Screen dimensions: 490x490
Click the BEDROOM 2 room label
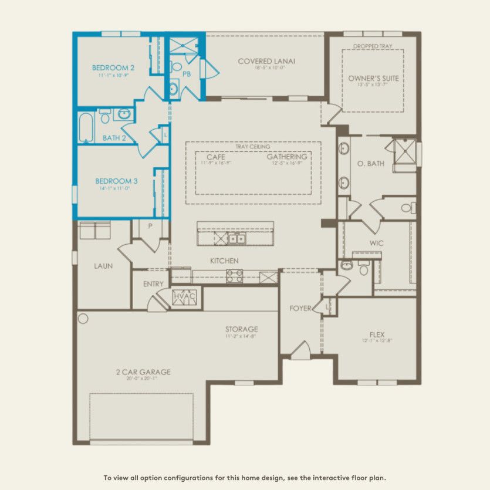[113, 67]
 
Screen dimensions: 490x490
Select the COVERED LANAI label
[266, 61]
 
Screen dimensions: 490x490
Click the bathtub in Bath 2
[86, 128]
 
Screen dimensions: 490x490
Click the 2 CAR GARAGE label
[143, 371]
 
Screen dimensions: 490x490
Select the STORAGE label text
[241, 329]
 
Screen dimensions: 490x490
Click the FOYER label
[300, 309]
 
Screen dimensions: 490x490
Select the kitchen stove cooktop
[235, 276]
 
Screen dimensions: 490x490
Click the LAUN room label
[103, 266]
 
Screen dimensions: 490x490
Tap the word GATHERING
[287, 157]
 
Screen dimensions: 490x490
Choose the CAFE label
[216, 157]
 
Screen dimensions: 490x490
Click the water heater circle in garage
[83, 319]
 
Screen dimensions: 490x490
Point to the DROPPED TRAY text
[373, 46]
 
